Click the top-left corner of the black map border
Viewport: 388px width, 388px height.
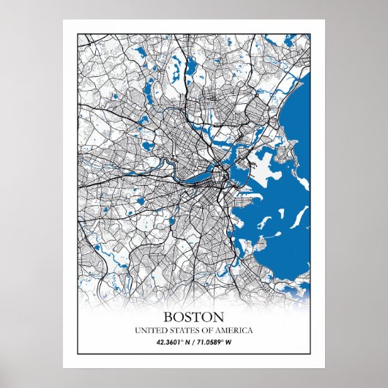[x=77, y=31]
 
